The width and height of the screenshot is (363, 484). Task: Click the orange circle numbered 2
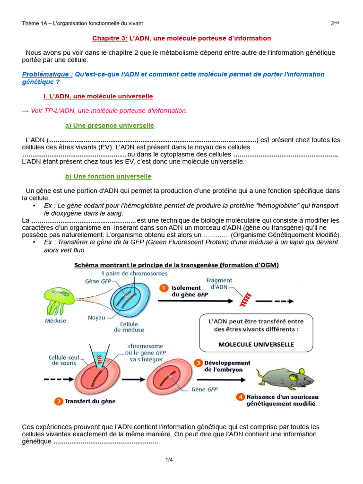59,401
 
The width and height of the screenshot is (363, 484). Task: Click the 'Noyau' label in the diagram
96,317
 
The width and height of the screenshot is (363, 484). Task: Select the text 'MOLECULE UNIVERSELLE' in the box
256,345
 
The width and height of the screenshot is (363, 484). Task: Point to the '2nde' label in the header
335,23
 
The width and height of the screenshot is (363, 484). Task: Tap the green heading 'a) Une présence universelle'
109,125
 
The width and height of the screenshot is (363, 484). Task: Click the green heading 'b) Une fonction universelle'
108,176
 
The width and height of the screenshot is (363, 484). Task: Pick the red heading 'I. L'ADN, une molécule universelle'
98,96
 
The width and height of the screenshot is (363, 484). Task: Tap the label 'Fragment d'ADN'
220,284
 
